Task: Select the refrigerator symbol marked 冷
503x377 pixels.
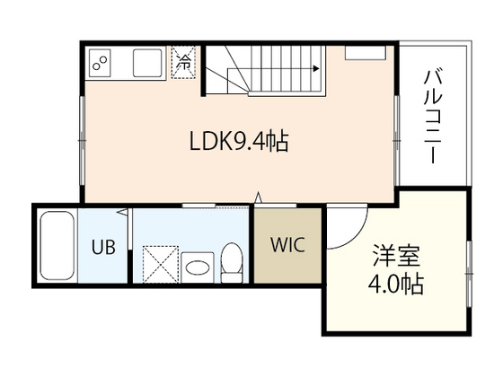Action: tap(183, 63)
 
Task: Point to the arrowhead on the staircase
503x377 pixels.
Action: tap(317, 67)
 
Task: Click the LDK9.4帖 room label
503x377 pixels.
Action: tap(238, 141)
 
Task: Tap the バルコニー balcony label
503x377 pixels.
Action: tap(433, 114)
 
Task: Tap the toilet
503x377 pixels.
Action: tap(232, 259)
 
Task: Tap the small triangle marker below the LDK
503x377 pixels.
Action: tap(260, 197)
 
